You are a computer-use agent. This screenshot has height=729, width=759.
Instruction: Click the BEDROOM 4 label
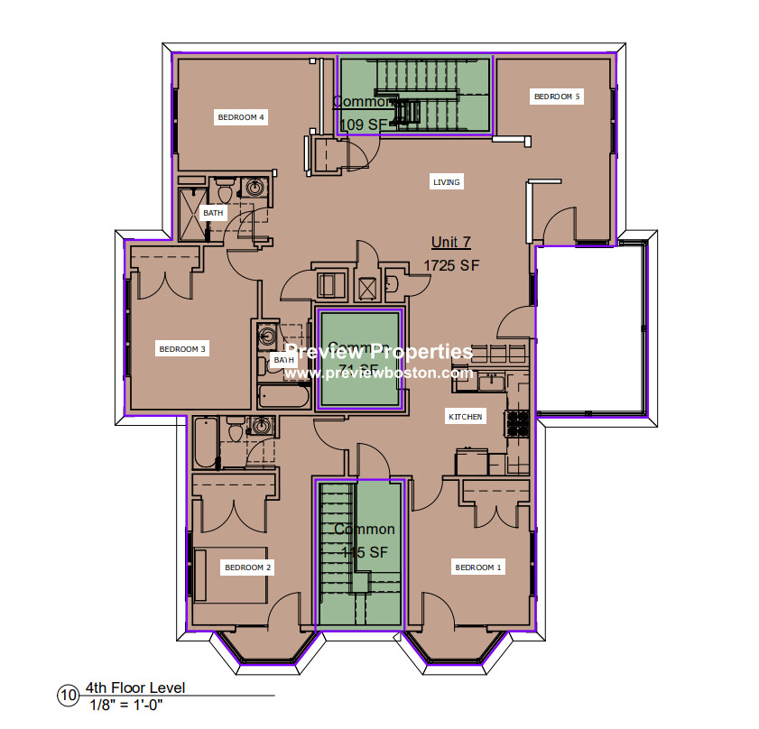click(x=241, y=117)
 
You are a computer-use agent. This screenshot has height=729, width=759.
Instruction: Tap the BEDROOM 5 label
click(x=557, y=97)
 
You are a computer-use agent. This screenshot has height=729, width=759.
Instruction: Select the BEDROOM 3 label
click(x=183, y=349)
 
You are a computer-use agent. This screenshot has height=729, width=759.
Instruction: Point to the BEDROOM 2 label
click(x=248, y=568)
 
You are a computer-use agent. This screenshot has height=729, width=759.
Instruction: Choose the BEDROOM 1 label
click(x=478, y=568)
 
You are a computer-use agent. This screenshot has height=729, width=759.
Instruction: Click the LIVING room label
click(x=446, y=182)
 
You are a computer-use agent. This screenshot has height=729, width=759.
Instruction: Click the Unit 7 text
click(x=450, y=243)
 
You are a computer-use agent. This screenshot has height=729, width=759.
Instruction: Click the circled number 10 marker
click(x=68, y=695)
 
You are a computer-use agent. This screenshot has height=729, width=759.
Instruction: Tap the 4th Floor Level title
click(x=135, y=688)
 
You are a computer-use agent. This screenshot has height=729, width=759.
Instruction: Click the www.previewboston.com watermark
click(x=379, y=373)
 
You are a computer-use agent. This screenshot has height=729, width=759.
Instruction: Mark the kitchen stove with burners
click(x=518, y=421)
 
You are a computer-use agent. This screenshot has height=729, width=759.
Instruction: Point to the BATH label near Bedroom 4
click(x=213, y=213)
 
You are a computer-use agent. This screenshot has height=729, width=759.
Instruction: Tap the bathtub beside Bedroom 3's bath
click(x=282, y=397)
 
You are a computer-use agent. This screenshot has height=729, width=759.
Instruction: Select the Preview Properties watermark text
click(x=379, y=352)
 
